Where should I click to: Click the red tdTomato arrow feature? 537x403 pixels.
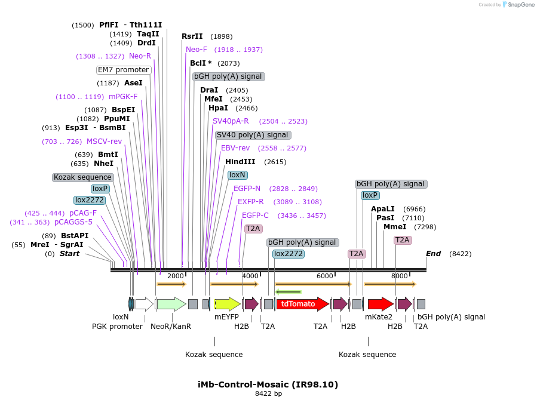(302, 304)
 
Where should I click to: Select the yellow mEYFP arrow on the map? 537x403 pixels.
(227, 304)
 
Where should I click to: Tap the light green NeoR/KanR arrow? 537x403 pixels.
(171, 304)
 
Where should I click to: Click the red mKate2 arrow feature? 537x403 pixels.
(380, 304)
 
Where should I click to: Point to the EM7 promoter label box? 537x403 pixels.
(124, 70)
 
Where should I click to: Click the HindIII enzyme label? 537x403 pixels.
(240, 162)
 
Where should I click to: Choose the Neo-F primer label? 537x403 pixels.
(197, 50)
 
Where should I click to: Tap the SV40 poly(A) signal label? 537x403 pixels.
(253, 135)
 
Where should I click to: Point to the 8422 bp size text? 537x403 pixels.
(268, 393)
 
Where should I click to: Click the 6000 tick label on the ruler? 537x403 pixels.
(324, 276)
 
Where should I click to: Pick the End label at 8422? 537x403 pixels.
(433, 254)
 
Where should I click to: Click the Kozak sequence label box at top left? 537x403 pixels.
(83, 177)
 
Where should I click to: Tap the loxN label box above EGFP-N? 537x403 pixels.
(237, 175)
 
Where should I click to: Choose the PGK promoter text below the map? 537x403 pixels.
(117, 326)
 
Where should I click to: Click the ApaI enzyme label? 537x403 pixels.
(383, 209)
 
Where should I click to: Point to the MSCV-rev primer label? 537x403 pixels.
(104, 141)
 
